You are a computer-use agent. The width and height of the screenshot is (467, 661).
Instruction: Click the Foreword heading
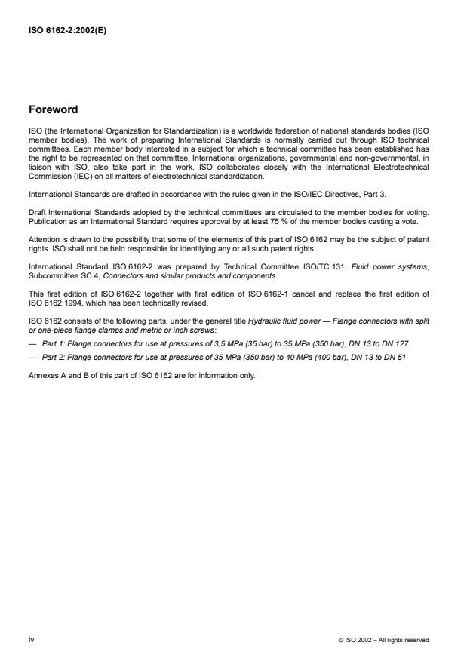coord(53,109)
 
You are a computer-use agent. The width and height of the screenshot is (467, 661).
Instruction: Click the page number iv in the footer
coord(30,640)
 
